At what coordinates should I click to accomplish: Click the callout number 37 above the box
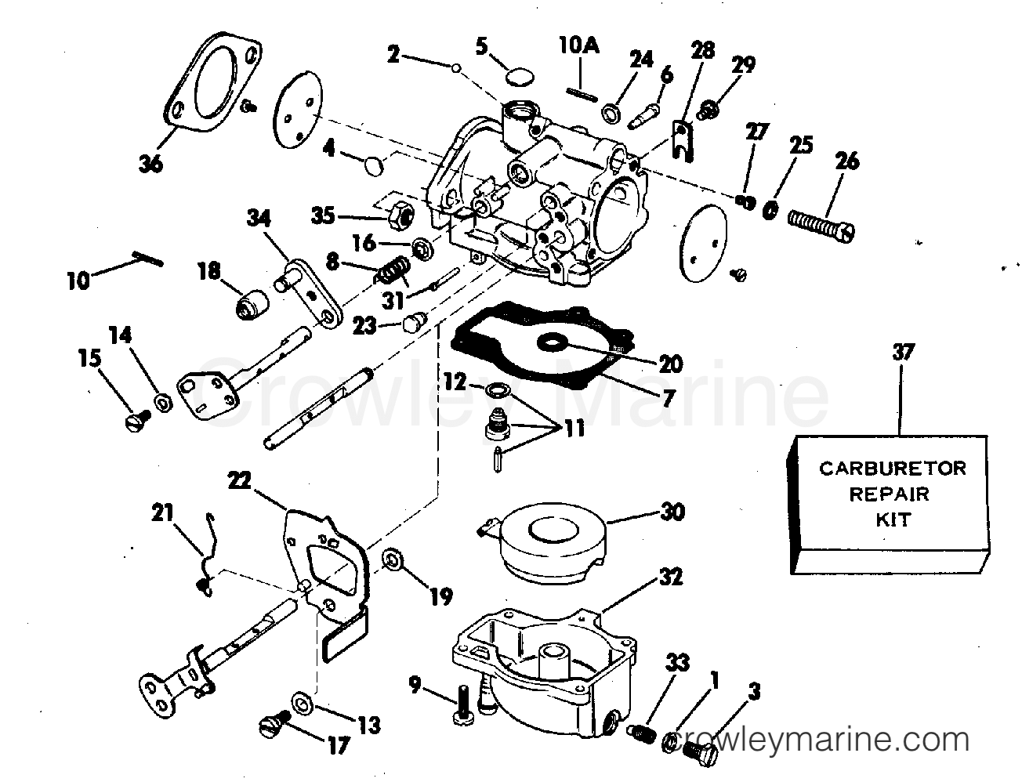pyautogui.click(x=903, y=353)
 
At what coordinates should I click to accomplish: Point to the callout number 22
pyautogui.click(x=240, y=480)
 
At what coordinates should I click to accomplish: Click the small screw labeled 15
pyautogui.click(x=135, y=421)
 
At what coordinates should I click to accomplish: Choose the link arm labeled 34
pyautogui.click(x=310, y=294)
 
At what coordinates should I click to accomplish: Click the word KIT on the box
pyautogui.click(x=893, y=519)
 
